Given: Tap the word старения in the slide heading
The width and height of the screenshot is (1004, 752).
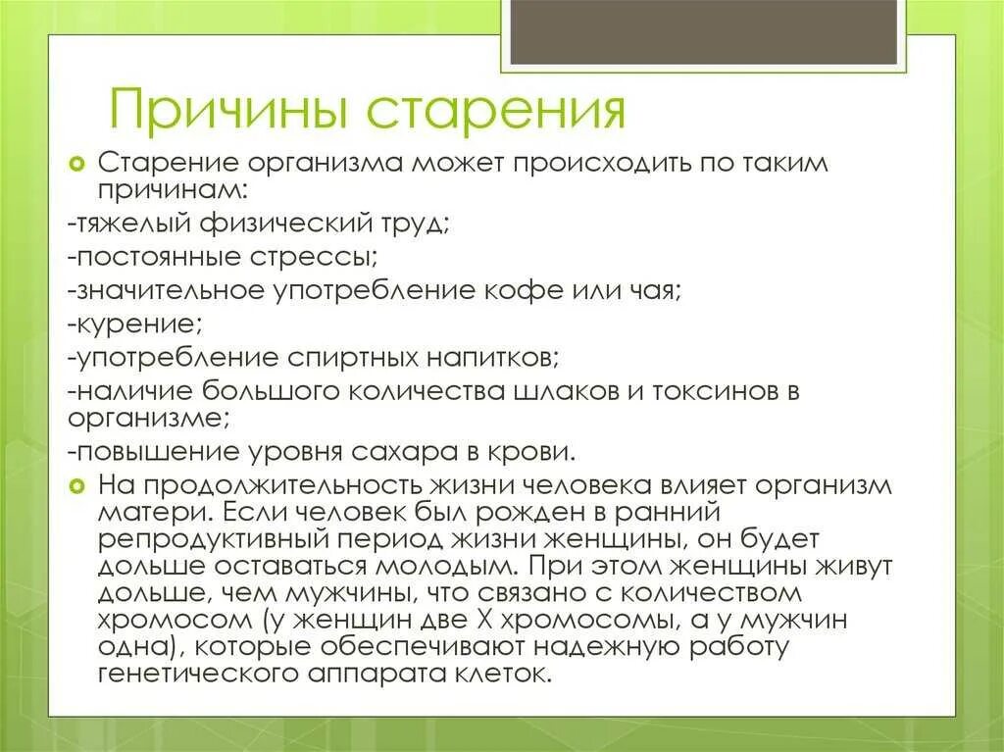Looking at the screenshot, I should pyautogui.click(x=497, y=110).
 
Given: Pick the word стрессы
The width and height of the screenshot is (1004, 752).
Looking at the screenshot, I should pyautogui.click(x=322, y=259).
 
